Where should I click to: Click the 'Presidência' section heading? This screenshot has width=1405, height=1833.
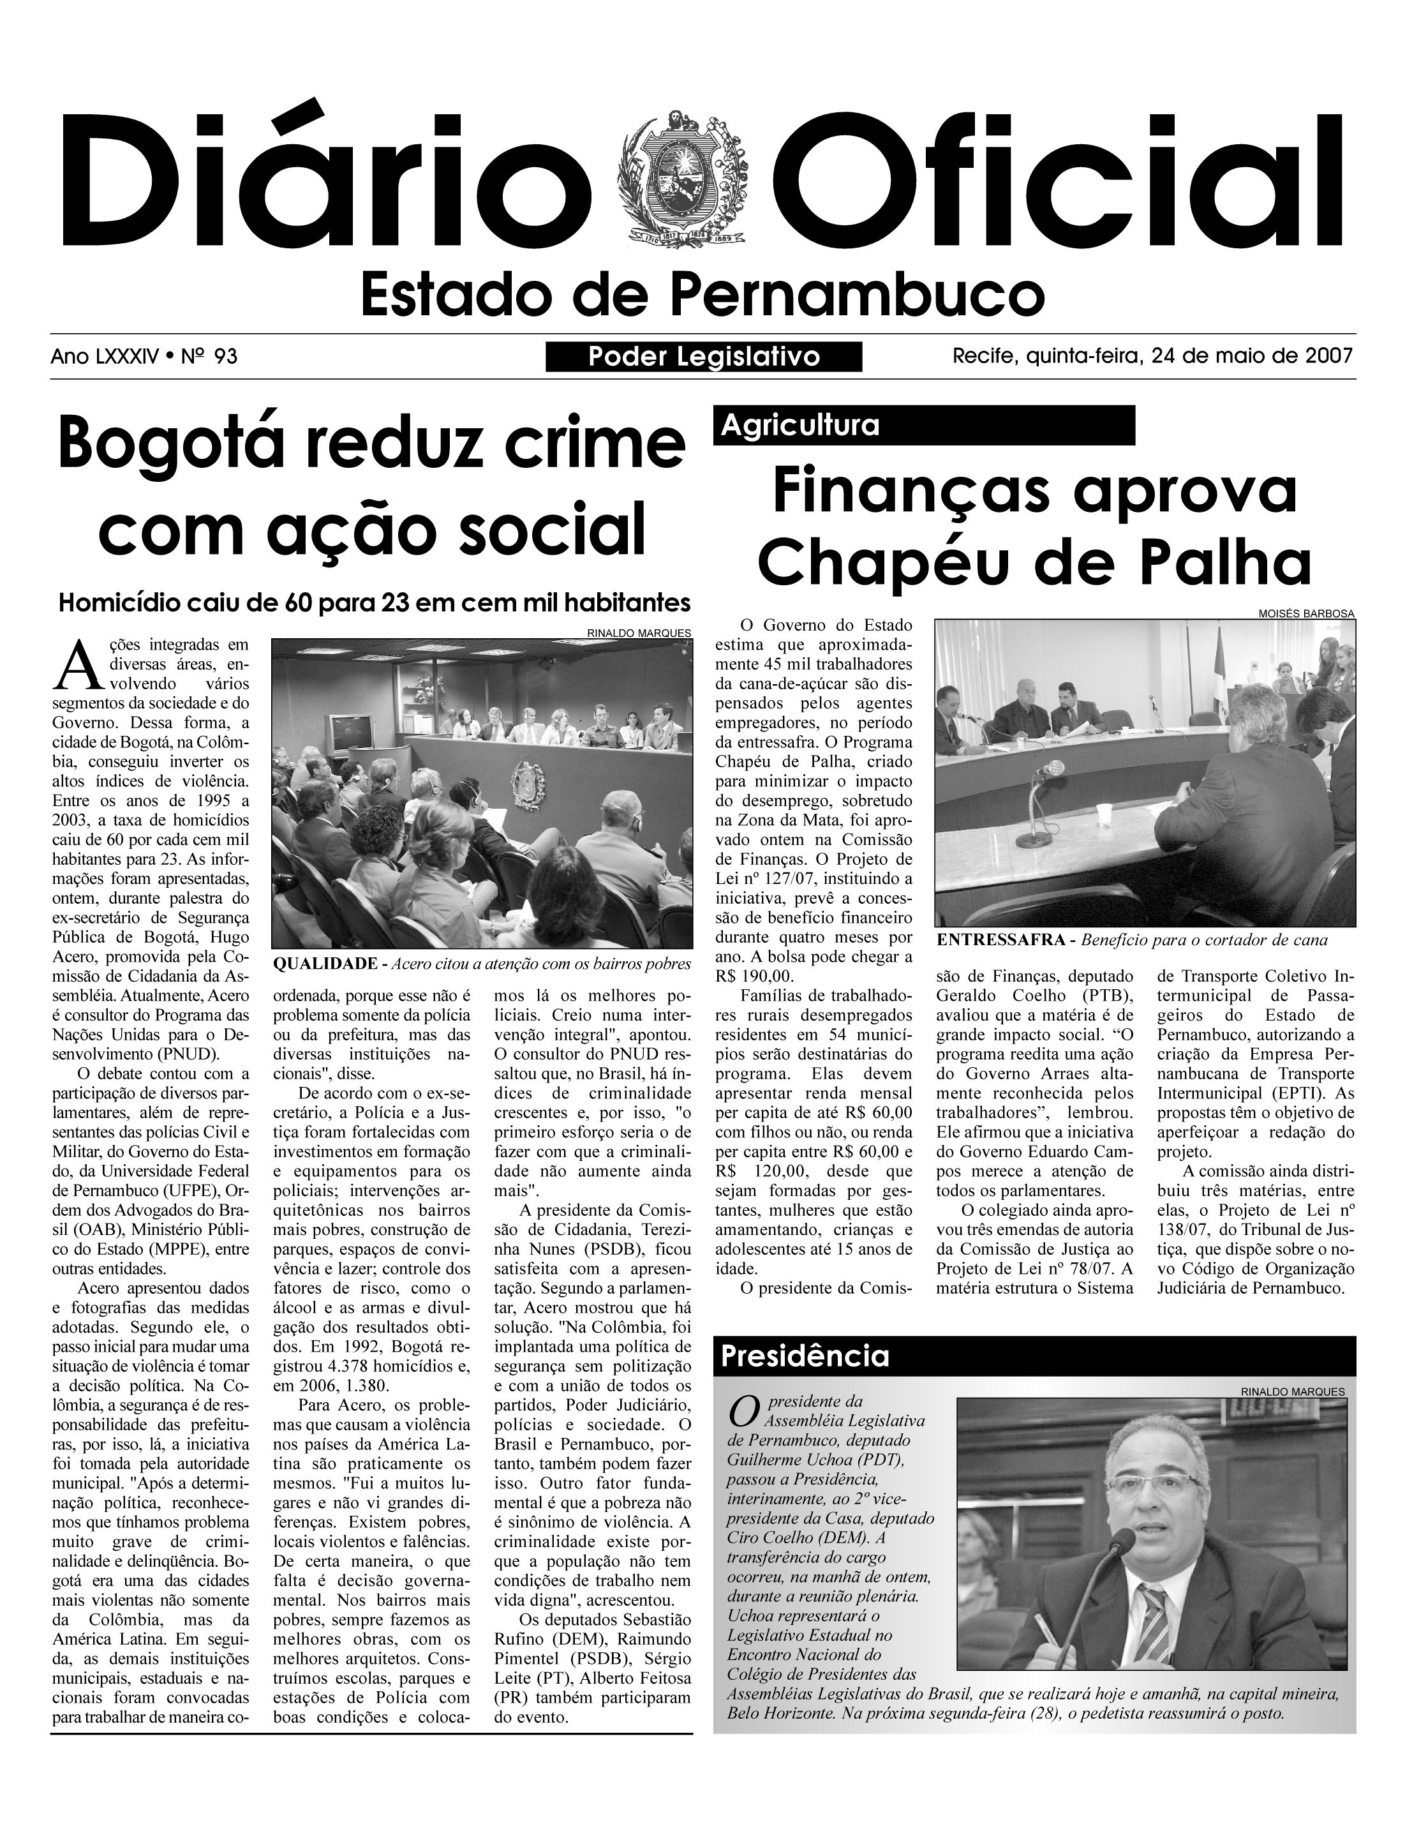click(x=805, y=1356)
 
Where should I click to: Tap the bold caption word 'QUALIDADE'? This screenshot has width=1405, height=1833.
click(x=325, y=964)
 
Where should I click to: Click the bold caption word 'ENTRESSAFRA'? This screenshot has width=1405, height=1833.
click(x=1004, y=940)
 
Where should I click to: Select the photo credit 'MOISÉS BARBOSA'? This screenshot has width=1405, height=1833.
click(x=1306, y=613)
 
